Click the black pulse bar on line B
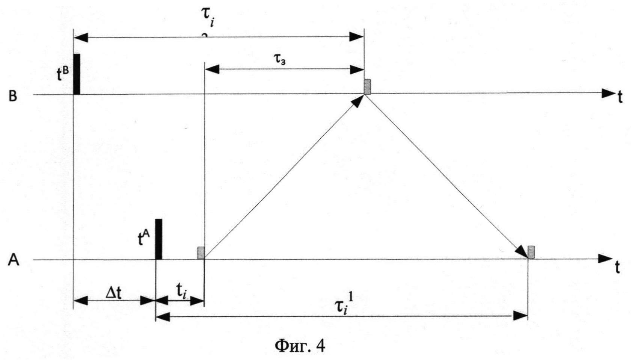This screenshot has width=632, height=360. click(77, 74)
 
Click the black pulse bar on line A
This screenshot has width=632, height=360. click(159, 239)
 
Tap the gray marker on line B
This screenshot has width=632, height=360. click(367, 87)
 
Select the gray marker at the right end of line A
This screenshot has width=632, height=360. click(531, 252)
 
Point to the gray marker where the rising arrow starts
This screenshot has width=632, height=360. click(201, 253)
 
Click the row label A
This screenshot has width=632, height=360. click(14, 260)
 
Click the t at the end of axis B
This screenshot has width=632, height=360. click(620, 97)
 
